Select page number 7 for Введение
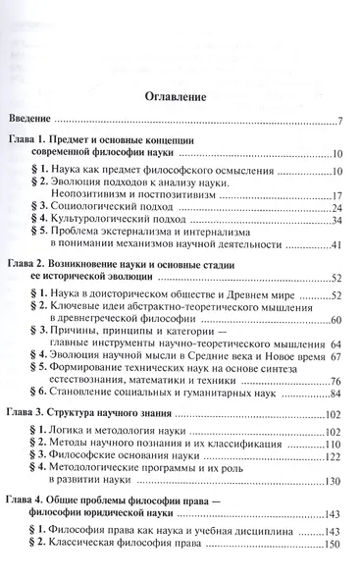(337, 121)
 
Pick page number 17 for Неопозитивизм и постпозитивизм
(334, 195)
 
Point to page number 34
(334, 221)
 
